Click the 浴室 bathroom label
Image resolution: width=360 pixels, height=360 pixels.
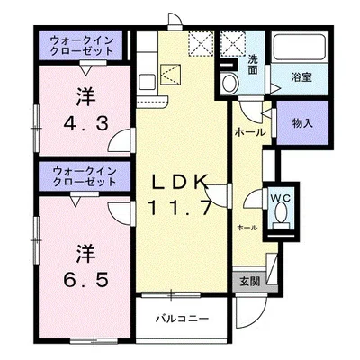point(301,77)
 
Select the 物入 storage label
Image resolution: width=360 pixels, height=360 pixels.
point(301,123)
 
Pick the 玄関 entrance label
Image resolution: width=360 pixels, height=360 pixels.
point(249,281)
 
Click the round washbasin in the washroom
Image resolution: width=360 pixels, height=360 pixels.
point(229,84)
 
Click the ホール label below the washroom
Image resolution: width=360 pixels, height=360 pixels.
point(249,133)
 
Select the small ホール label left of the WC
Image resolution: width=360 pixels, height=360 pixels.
point(246,229)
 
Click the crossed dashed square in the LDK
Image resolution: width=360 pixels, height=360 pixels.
point(200,42)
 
